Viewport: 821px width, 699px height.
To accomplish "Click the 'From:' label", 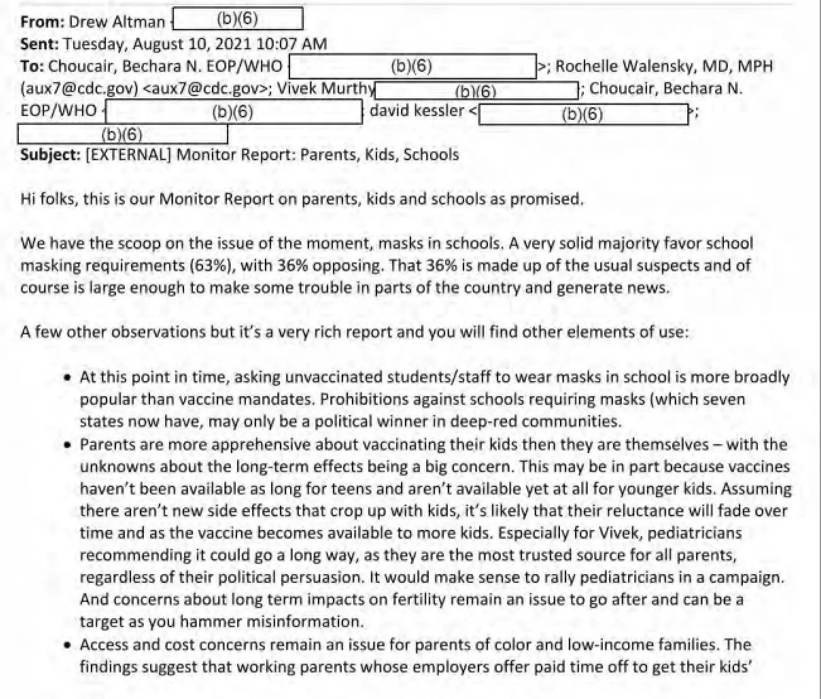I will click(x=42, y=22).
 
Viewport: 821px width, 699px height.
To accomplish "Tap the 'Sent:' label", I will click(x=40, y=44).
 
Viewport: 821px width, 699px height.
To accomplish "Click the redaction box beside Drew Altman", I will click(x=238, y=19).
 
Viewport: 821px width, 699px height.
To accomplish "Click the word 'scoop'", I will click(x=120, y=244).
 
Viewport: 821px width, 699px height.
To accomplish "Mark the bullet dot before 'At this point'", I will click(x=67, y=379).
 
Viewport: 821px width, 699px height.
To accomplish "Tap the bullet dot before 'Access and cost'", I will click(x=67, y=645).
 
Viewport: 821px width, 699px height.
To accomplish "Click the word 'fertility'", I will click(x=429, y=599).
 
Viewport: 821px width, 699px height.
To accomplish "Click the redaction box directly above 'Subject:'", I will click(x=122, y=134).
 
